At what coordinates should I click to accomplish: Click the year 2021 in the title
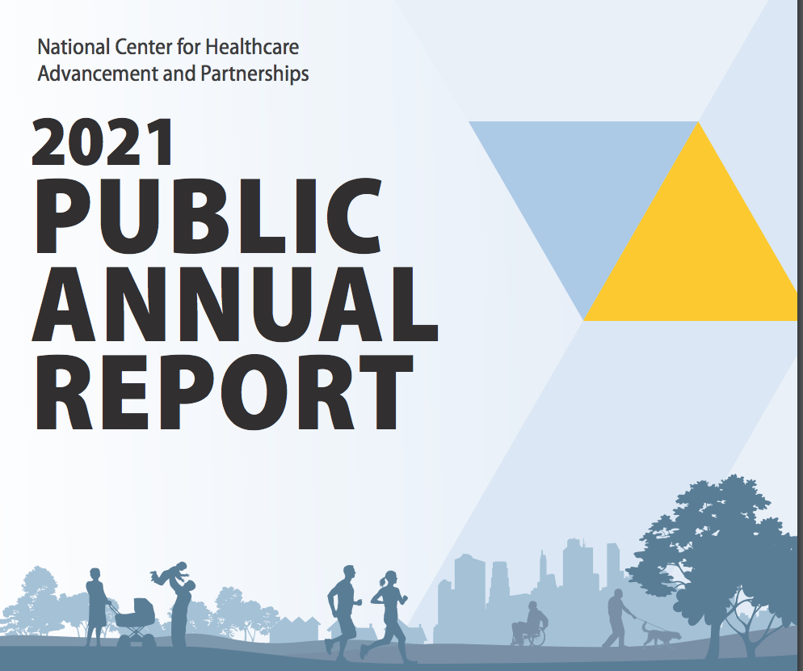(x=103, y=142)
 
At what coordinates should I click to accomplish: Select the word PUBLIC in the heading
(x=208, y=217)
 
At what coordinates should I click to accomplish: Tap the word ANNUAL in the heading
(x=235, y=304)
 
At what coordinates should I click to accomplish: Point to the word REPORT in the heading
(x=225, y=392)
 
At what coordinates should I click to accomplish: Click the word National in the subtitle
(x=74, y=47)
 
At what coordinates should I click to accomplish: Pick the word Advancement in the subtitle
(x=98, y=74)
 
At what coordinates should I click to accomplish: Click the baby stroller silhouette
(x=136, y=621)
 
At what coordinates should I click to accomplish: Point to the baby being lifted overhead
(x=169, y=573)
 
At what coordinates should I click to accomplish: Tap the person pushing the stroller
(x=96, y=605)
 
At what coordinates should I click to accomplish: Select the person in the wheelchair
(x=530, y=623)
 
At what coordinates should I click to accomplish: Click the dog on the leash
(x=661, y=635)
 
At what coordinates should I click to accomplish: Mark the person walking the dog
(x=617, y=618)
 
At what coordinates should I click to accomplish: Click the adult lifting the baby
(x=180, y=613)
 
